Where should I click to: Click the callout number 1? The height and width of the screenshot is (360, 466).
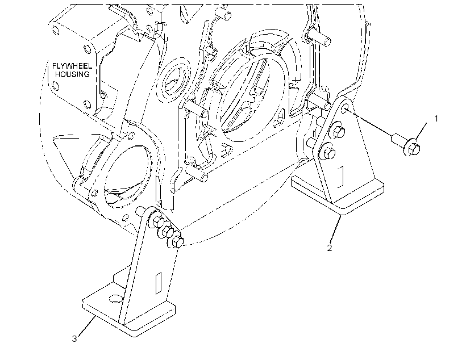[436, 119]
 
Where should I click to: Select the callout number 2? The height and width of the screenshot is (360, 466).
[329, 248]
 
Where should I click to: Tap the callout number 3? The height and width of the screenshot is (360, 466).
[74, 338]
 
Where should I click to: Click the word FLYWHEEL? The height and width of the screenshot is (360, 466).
[72, 66]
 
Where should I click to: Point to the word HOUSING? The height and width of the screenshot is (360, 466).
[72, 74]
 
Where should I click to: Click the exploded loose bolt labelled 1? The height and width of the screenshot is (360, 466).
[406, 144]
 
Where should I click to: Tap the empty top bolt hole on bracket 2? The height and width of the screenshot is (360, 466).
[345, 108]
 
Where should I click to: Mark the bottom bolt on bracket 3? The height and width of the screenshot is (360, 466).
[176, 241]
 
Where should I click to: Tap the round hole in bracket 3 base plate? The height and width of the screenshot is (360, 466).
[116, 299]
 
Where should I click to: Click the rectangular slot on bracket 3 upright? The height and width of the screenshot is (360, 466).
[159, 283]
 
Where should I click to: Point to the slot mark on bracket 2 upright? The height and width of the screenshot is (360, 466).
[341, 177]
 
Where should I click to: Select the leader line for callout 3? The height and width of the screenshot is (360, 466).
[88, 326]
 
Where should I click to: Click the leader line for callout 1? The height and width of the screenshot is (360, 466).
[422, 131]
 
